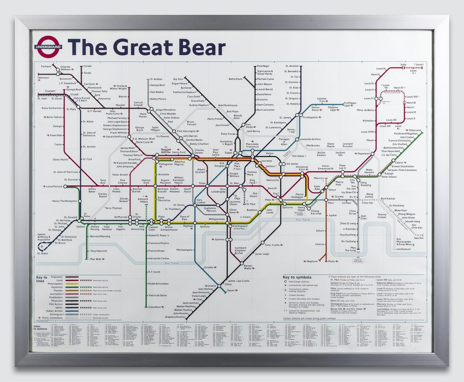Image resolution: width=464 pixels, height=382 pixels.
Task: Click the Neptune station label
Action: [x=312, y=261]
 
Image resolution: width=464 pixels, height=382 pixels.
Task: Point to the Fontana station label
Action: [x=46, y=66]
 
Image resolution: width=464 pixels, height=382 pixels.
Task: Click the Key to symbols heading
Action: [x=297, y=277]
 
